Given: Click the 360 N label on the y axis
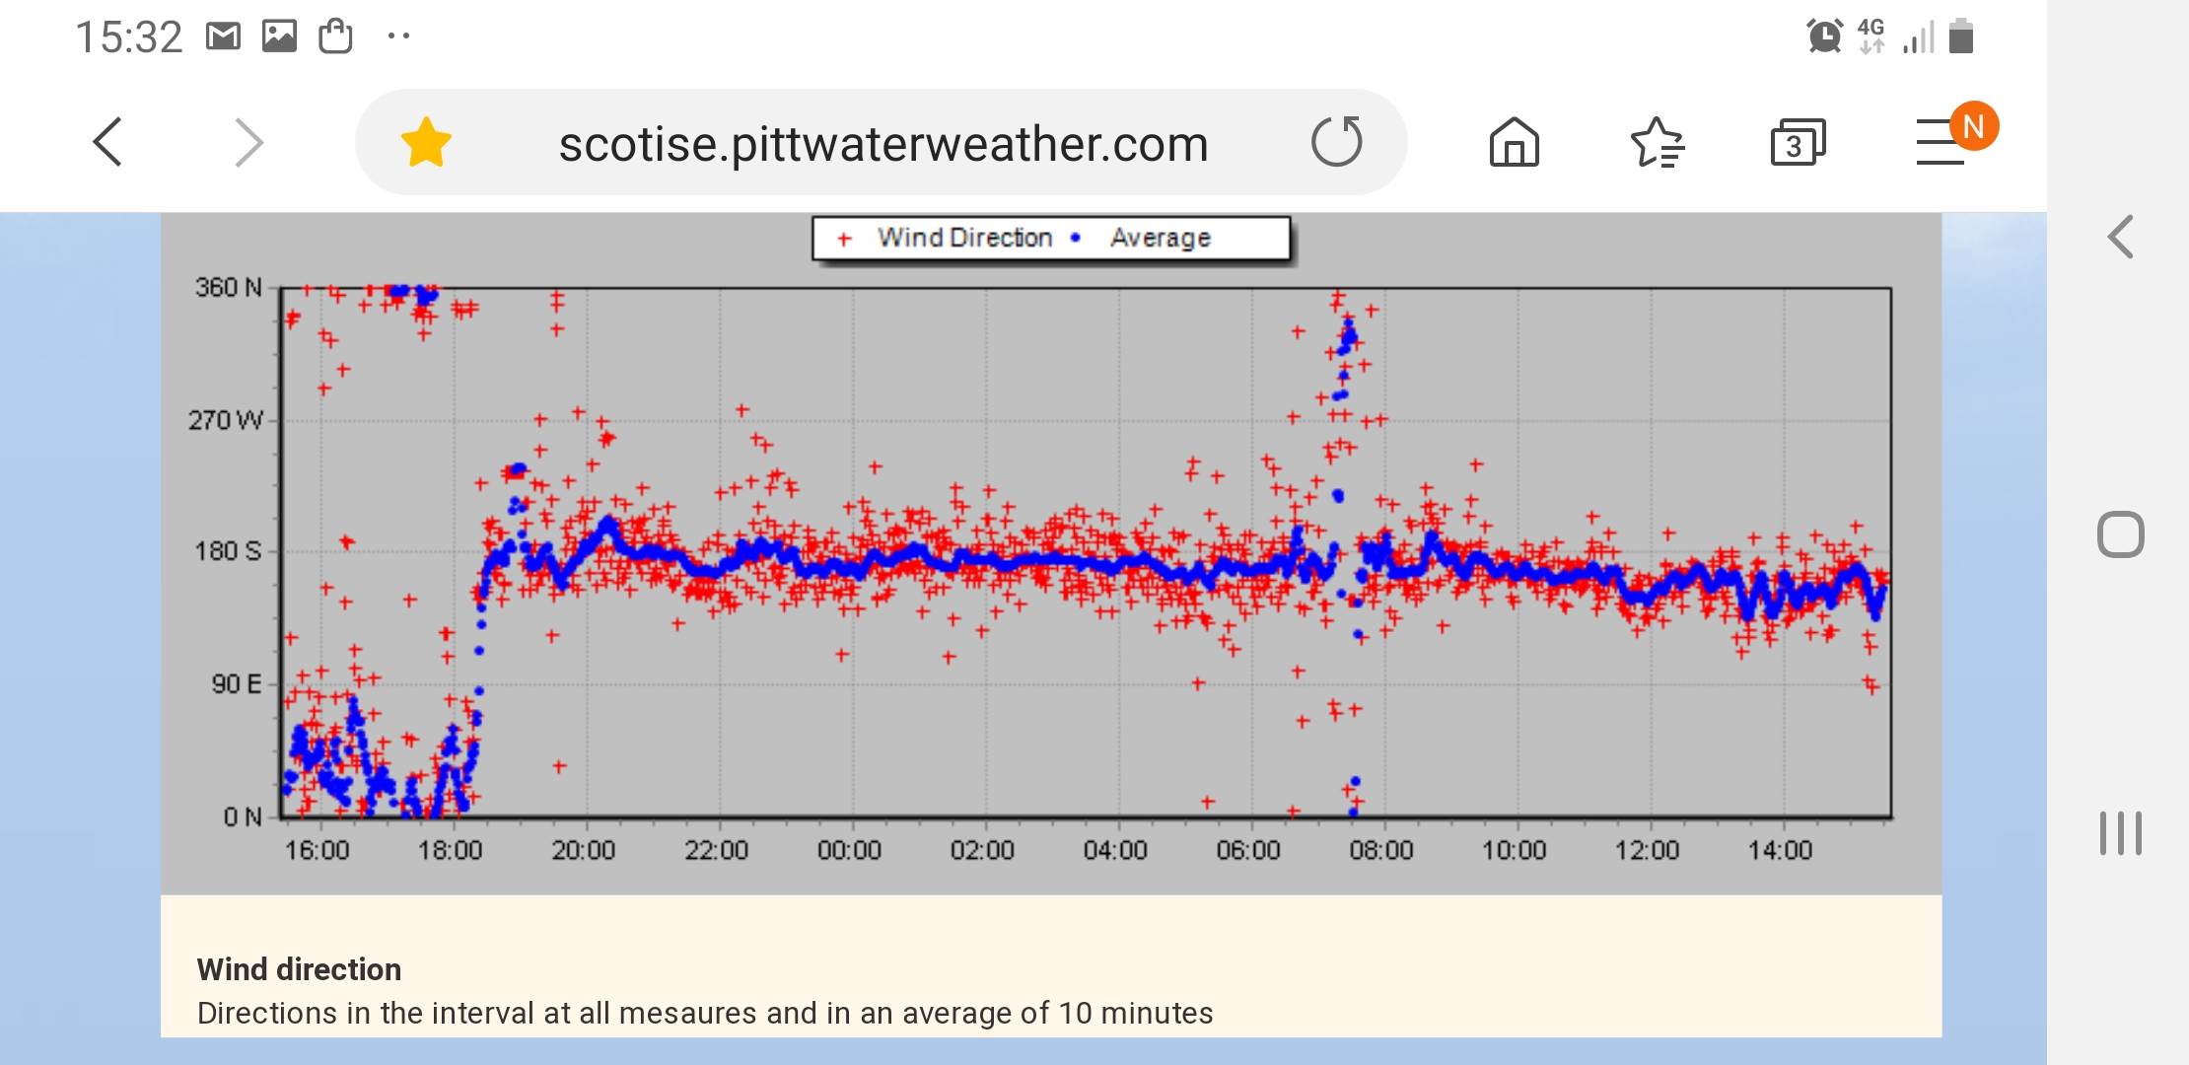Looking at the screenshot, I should click(228, 288).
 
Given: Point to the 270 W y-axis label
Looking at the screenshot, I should click(225, 421).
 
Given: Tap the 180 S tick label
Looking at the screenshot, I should click(228, 551).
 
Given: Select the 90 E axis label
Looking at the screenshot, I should click(237, 684).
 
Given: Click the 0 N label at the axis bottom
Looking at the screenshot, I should click(243, 816).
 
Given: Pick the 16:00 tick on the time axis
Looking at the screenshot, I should click(317, 850).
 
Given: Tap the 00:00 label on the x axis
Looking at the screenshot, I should click(849, 850).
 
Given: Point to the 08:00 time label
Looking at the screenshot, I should click(1380, 850).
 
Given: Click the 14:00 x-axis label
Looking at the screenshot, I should click(1780, 850).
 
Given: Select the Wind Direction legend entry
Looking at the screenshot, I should click(963, 238).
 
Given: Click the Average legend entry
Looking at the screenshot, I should click(1160, 238).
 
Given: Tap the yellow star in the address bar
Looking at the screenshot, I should click(426, 143).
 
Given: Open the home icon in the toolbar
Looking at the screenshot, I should click(1514, 143).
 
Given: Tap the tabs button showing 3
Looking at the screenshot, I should click(1798, 143).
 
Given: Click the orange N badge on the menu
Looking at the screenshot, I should click(1973, 126).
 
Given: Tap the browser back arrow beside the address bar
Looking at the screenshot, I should click(108, 143).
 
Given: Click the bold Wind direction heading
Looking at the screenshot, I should click(299, 969).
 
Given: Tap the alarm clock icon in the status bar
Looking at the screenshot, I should click(1824, 36).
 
